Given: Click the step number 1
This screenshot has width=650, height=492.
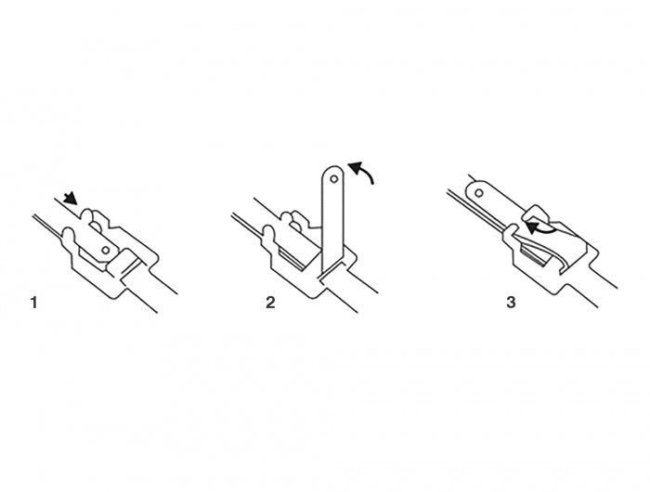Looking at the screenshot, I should coord(34,302).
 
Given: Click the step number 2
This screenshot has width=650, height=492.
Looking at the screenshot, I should coord(270,302).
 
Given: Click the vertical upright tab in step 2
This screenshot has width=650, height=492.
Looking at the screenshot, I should coord(331,218).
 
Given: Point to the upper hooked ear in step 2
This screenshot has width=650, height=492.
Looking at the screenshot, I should coord(292,221).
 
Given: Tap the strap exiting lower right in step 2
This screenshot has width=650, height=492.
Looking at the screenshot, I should coord(367,297).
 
